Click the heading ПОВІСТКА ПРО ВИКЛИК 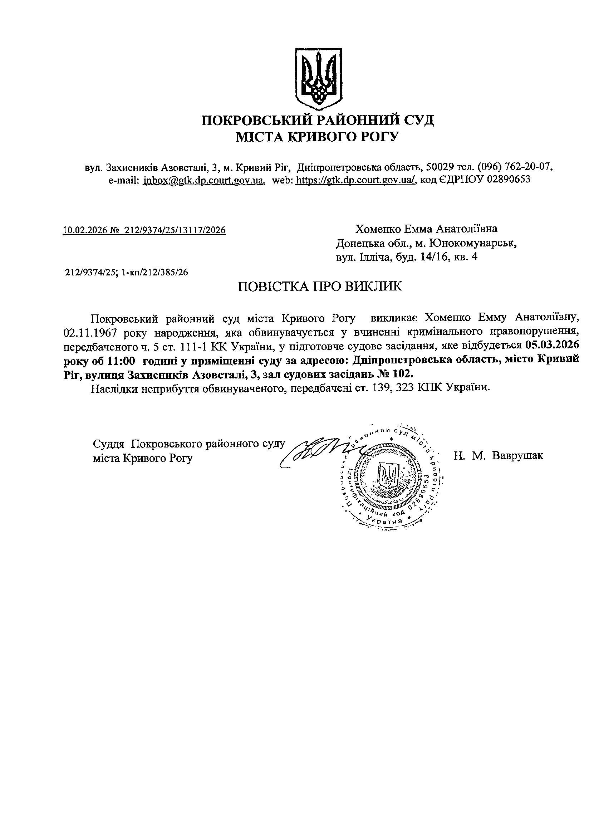click(x=320, y=286)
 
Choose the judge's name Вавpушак click(x=517, y=455)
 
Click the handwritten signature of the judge click(x=317, y=451)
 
